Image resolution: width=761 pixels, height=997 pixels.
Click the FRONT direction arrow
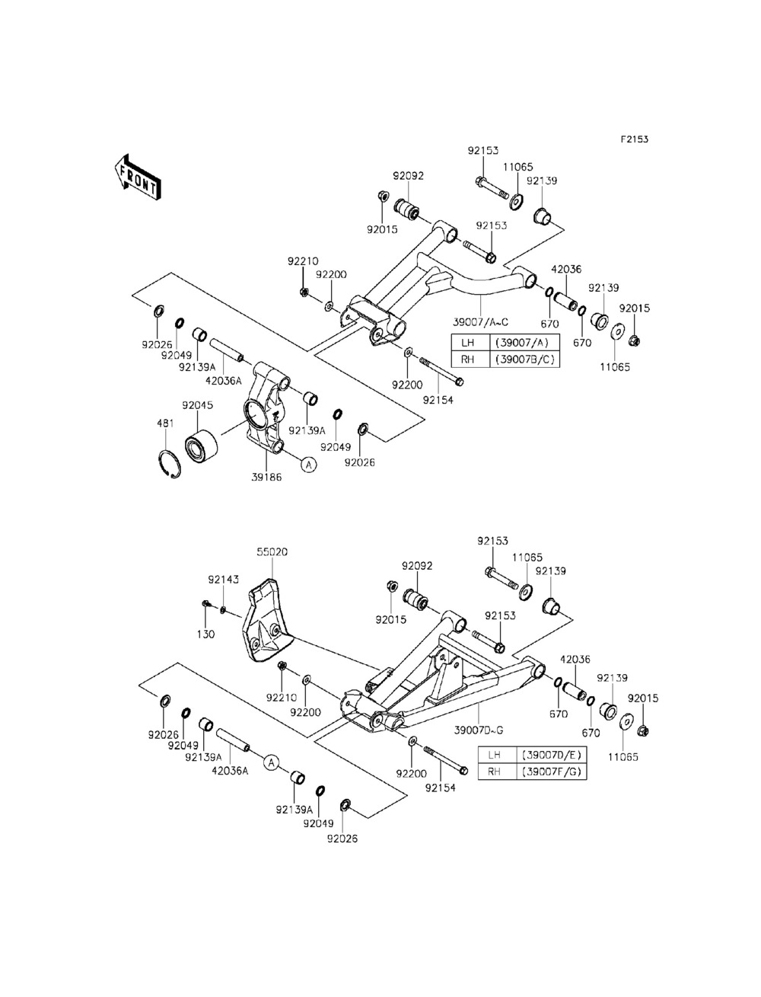pyautogui.click(x=136, y=176)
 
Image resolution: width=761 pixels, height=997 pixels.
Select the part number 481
pyautogui.click(x=165, y=424)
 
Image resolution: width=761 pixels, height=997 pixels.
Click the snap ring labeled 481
pyautogui.click(x=171, y=463)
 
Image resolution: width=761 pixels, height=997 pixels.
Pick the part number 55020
pyautogui.click(x=272, y=551)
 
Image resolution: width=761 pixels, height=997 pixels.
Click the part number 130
pyautogui.click(x=207, y=634)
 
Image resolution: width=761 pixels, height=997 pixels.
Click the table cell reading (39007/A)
pyautogui.click(x=527, y=342)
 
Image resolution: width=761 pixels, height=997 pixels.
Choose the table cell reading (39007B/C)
pyautogui.click(x=527, y=358)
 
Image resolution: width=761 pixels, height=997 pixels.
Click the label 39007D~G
pyautogui.click(x=479, y=730)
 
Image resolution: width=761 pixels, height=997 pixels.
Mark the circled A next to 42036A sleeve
pyautogui.click(x=272, y=760)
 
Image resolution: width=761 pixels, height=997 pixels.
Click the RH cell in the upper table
pyautogui.click(x=468, y=358)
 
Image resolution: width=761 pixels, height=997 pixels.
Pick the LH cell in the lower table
pyautogui.click(x=495, y=755)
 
